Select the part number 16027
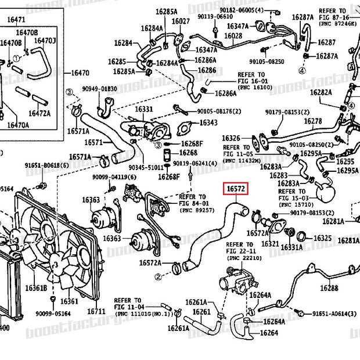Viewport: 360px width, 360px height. click(x=181, y=21)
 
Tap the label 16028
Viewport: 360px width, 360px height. click(x=233, y=36)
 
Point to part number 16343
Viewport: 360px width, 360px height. click(x=208, y=123)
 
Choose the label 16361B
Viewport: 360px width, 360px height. click(x=36, y=289)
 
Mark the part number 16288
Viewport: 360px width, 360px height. click(x=329, y=288)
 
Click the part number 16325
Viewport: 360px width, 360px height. click(x=323, y=238)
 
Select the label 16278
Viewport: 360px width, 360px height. click(x=313, y=121)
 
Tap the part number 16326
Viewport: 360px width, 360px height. click(x=231, y=138)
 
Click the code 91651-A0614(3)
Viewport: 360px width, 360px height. click(x=334, y=314)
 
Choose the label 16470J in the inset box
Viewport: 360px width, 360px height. click(x=46, y=40)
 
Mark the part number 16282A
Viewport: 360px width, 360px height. click(x=321, y=92)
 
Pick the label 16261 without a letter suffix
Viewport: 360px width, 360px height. click(x=201, y=312)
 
